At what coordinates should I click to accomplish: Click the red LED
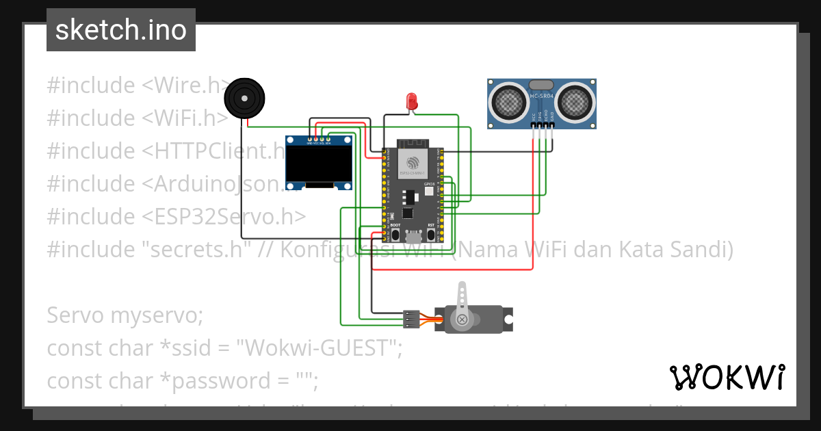(412, 101)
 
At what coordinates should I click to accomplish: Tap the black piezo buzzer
(246, 98)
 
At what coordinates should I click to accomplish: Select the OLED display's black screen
(319, 165)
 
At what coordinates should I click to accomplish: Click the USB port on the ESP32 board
(413, 237)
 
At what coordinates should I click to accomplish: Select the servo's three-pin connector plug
(410, 318)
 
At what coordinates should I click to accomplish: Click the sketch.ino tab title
(120, 30)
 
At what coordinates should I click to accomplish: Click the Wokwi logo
(727, 377)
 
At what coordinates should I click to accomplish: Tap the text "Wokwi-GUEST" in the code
(319, 348)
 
